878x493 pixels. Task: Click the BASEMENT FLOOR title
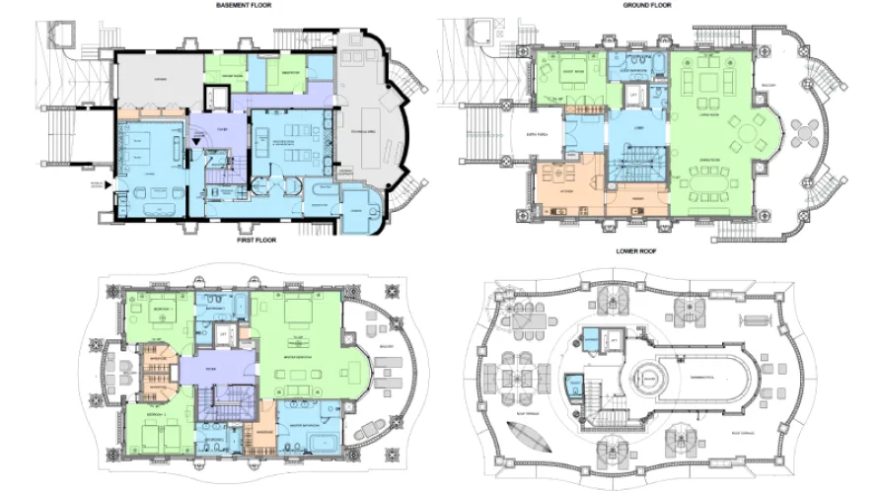[x=246, y=5]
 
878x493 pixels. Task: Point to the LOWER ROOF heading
[x=637, y=251]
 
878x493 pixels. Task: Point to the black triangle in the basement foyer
[x=196, y=142]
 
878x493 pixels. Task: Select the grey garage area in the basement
[x=370, y=128]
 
